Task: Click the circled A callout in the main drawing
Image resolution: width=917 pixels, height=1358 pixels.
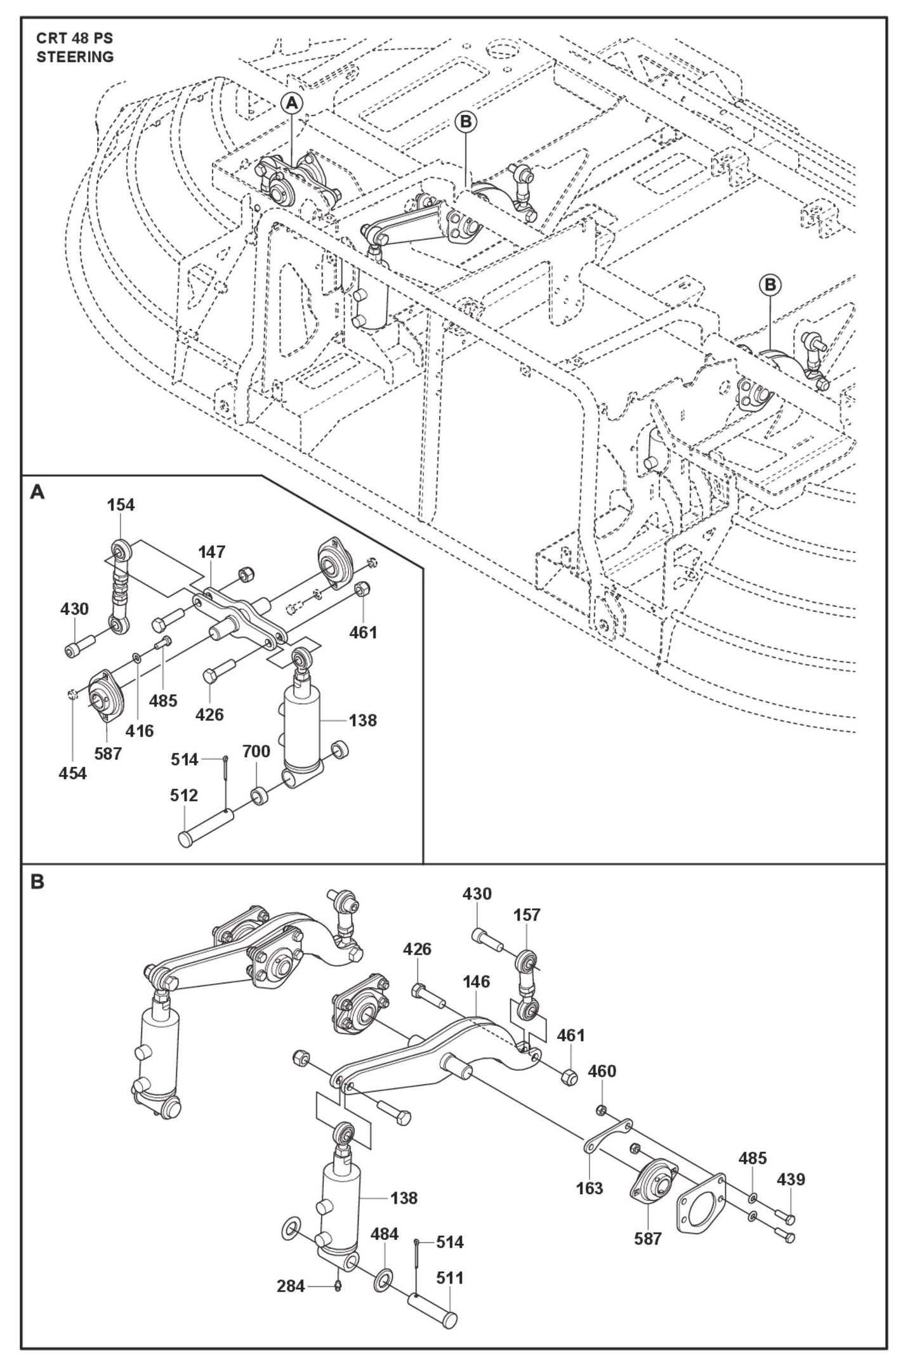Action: (291, 103)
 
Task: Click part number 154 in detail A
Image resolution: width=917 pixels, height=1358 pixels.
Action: (121, 505)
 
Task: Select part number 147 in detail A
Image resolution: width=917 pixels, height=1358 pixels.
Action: (211, 552)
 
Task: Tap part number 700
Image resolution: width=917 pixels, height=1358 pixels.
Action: (256, 751)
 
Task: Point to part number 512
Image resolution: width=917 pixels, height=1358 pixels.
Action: (184, 795)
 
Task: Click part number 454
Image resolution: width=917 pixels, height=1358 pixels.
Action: (73, 773)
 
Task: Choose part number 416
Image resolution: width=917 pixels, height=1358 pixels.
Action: (140, 731)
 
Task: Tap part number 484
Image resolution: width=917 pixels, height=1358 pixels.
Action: (385, 1234)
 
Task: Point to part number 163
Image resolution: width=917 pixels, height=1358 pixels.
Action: (590, 1188)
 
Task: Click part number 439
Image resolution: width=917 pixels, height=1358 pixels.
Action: (791, 1179)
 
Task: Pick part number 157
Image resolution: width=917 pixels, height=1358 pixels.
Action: (527, 915)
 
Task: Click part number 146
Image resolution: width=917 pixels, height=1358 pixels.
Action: (476, 982)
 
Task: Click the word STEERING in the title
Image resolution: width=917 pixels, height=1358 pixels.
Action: (75, 56)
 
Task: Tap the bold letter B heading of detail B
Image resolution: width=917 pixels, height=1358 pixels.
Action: (37, 882)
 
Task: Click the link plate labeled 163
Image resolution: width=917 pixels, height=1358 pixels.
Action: (606, 1136)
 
